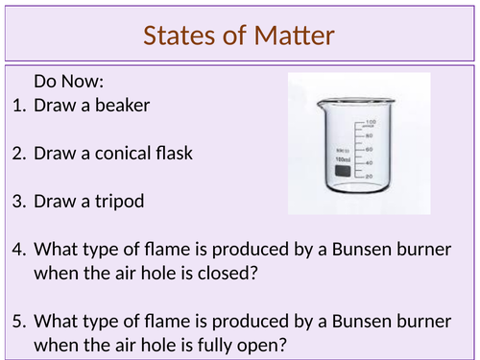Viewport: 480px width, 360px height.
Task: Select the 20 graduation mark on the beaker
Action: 369,176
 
